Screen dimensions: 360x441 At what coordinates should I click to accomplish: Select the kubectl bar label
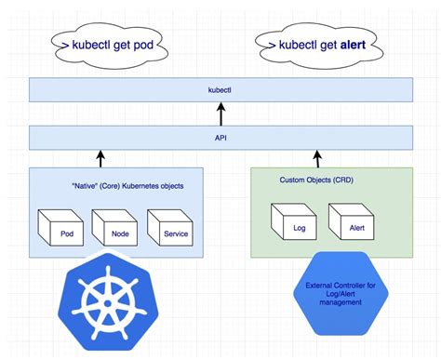coord(220,91)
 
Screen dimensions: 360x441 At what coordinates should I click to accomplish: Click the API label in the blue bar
coord(220,139)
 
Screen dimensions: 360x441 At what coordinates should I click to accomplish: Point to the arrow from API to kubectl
coord(220,114)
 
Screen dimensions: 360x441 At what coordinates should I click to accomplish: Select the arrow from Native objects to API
coord(99,159)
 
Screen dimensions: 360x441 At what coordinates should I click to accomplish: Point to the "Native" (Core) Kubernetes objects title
coord(127,186)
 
